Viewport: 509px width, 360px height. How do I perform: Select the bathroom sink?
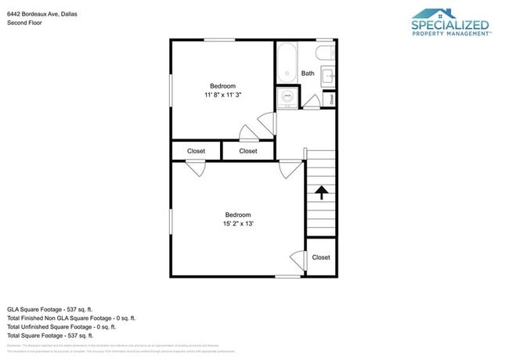[x=328, y=76]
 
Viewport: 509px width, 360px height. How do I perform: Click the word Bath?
[x=308, y=74]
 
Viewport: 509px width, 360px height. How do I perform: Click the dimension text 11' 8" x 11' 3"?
[x=222, y=95]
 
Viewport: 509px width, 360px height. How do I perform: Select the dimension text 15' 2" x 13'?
[x=238, y=224]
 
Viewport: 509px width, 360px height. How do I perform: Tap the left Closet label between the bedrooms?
[x=196, y=151]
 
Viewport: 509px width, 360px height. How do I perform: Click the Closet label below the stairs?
[x=321, y=257]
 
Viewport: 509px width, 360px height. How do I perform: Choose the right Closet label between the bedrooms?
[x=247, y=151]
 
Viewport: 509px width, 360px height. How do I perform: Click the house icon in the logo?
[x=445, y=13]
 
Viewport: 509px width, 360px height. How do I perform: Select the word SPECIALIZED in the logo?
[x=450, y=25]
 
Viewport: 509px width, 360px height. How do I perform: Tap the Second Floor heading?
[x=24, y=23]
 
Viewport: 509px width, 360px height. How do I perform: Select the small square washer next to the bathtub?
[x=287, y=98]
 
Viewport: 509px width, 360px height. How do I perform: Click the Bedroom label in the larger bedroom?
[x=238, y=215]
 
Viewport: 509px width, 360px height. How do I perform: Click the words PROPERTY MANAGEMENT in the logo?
[x=450, y=34]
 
